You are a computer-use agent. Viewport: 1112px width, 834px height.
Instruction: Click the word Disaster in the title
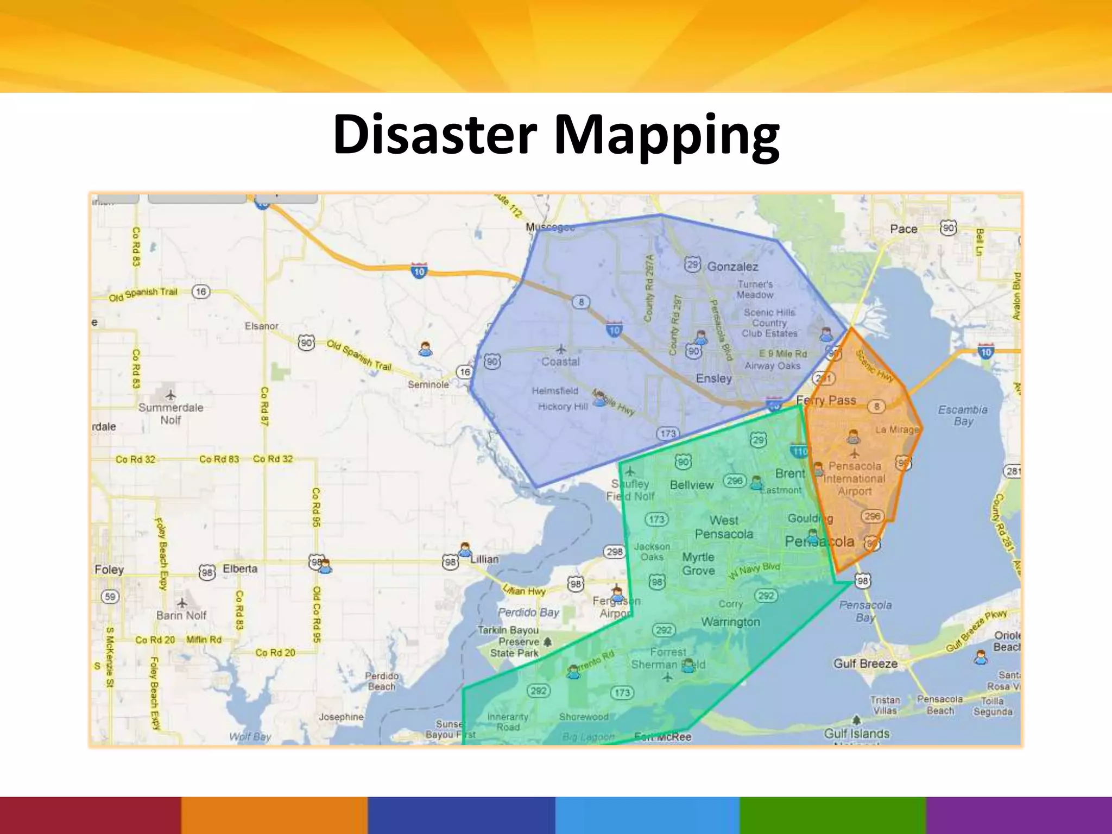[x=434, y=134]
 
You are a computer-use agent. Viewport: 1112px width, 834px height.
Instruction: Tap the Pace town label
[x=903, y=229]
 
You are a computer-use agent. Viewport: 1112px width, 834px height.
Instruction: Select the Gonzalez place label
[x=732, y=267]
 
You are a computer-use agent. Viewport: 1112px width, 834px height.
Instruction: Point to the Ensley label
[x=713, y=378]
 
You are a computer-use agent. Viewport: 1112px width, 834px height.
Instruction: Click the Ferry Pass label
[x=826, y=401]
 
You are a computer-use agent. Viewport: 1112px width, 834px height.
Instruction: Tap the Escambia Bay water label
[x=963, y=415]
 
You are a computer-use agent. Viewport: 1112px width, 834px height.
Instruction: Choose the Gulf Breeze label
[x=865, y=664]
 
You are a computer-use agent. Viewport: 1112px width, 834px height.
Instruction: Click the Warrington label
[x=730, y=622]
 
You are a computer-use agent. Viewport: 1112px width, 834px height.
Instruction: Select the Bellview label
[x=691, y=485]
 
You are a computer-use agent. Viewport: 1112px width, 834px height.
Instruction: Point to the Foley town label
[x=109, y=570]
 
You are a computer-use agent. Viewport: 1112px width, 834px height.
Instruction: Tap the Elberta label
[x=240, y=568]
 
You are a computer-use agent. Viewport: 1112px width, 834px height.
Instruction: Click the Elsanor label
[x=261, y=326]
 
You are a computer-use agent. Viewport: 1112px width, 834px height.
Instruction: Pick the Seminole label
[x=428, y=384]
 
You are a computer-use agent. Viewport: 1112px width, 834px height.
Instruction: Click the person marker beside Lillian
[x=465, y=549]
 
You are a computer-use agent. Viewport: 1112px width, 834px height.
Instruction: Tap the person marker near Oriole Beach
[x=980, y=658]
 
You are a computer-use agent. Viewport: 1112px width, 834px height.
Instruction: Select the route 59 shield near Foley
[x=110, y=597]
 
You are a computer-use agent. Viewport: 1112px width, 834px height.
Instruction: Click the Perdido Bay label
[x=528, y=612]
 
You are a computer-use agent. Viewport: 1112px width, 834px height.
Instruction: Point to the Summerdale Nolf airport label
[x=170, y=413]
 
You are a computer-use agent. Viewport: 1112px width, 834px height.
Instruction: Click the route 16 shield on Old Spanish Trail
[x=201, y=292]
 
